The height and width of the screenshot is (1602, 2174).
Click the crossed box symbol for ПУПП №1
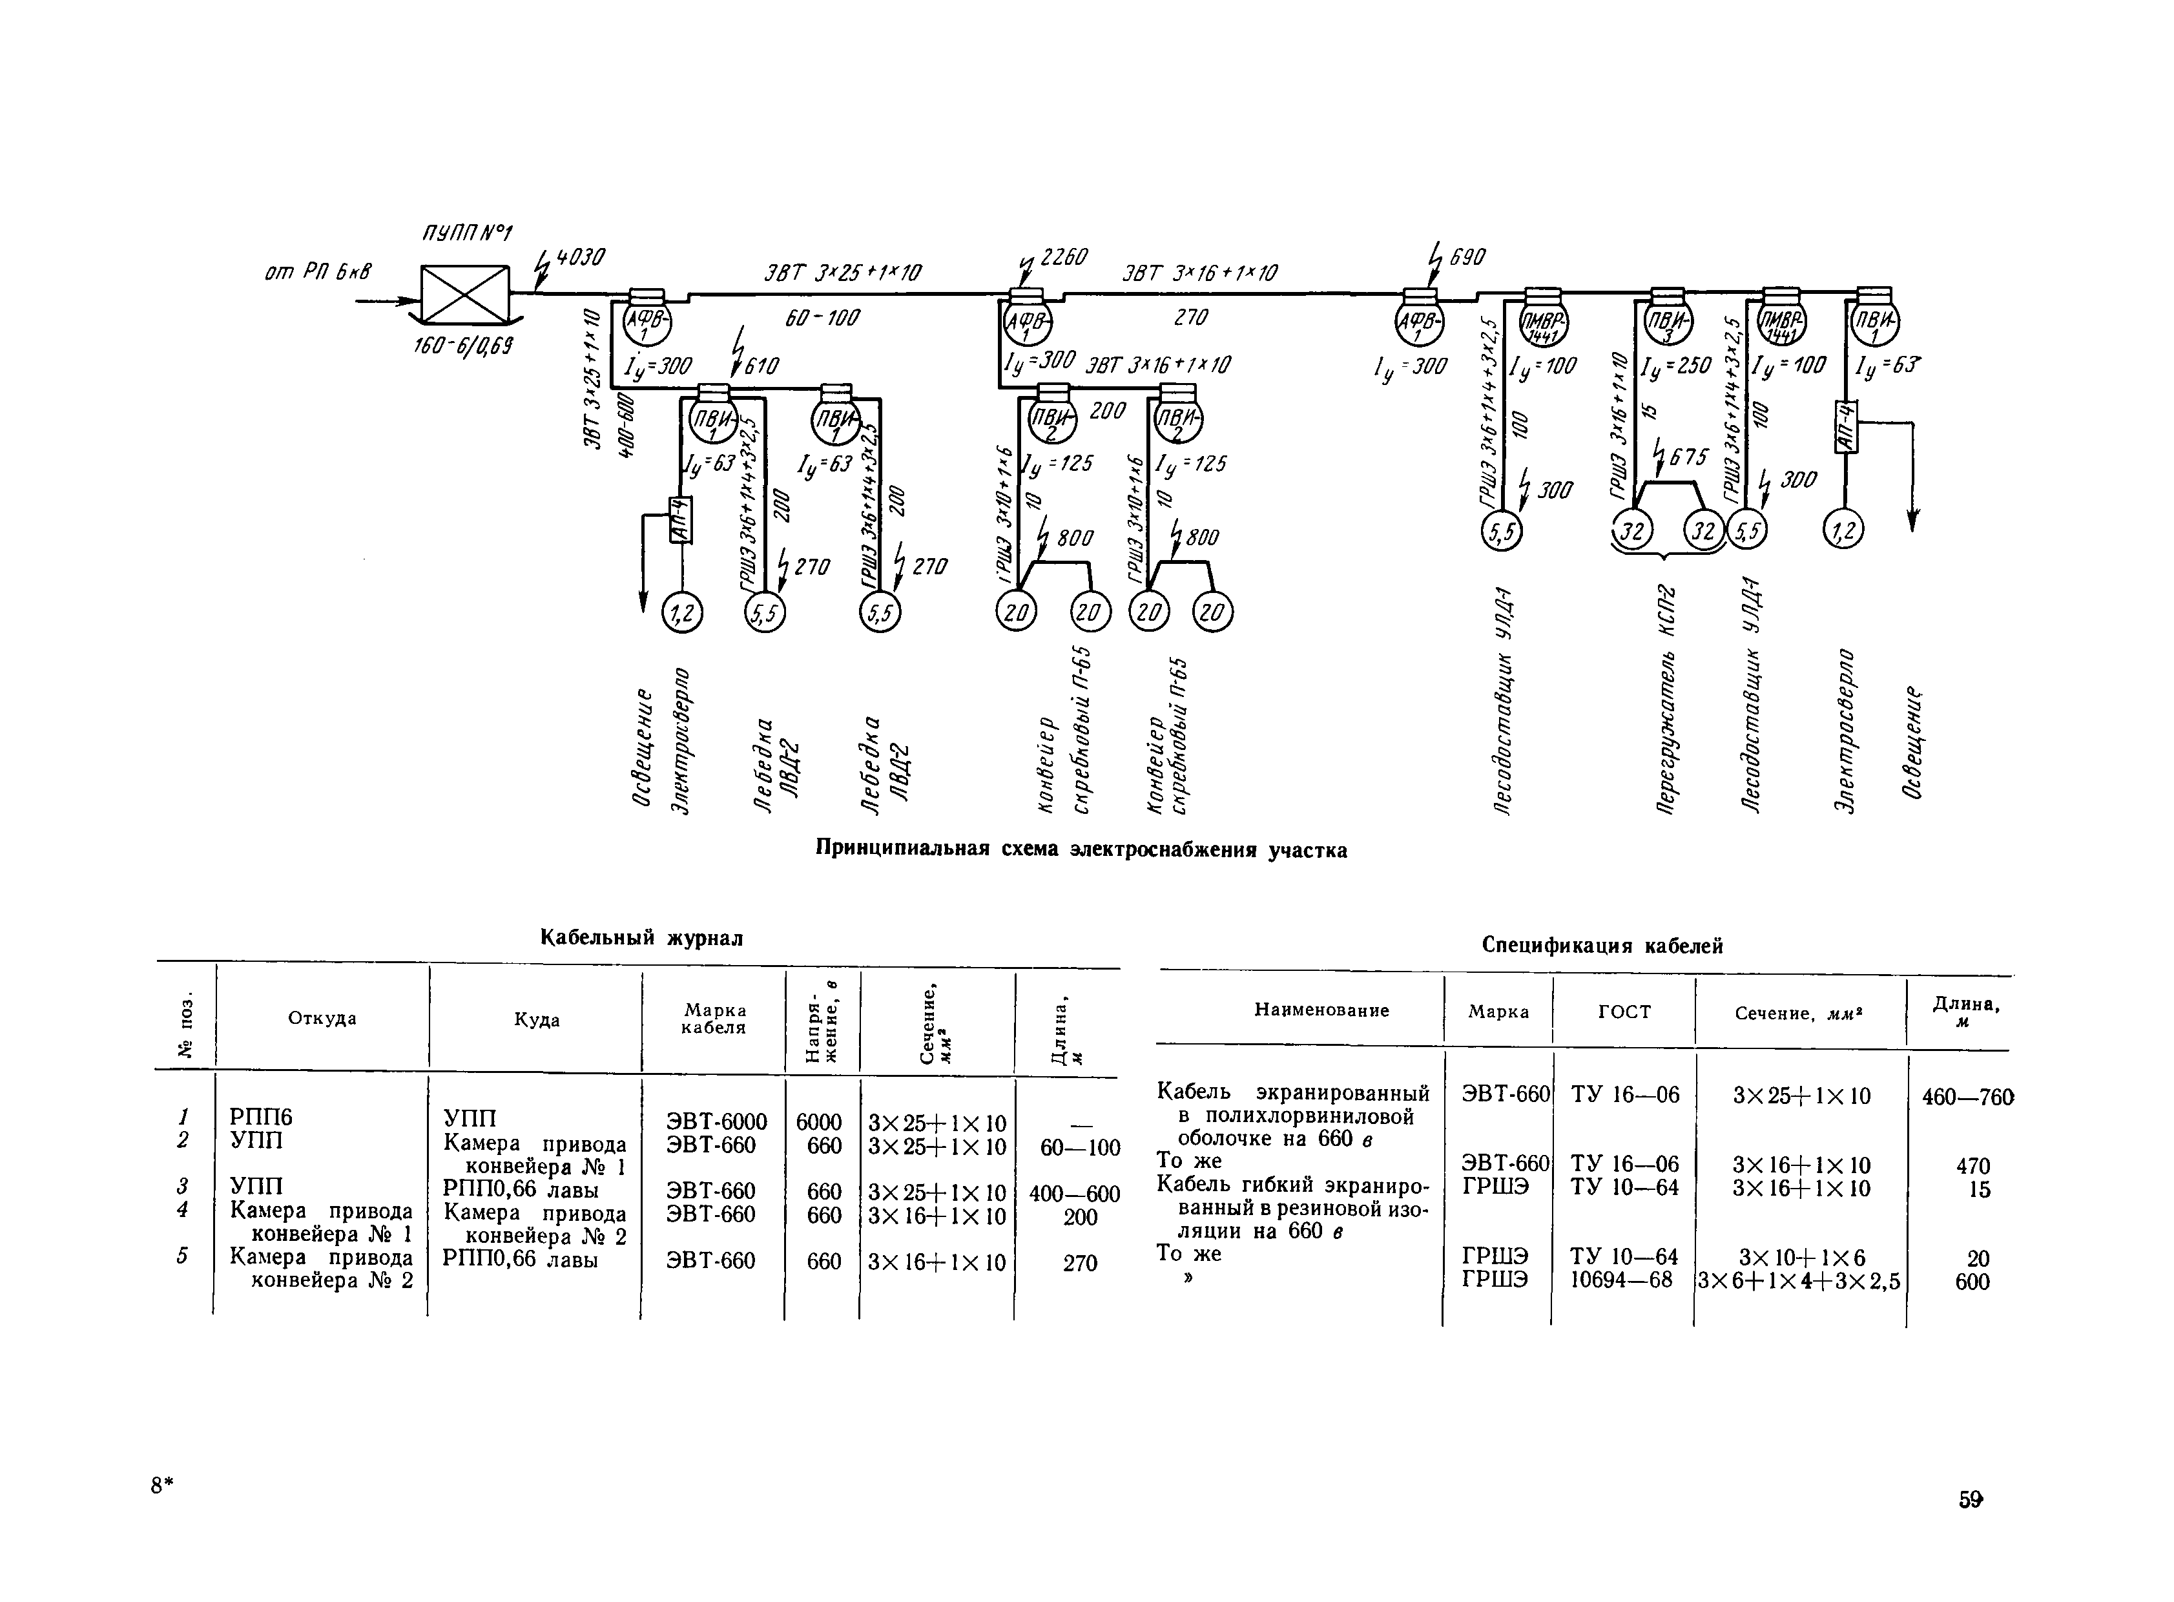coord(464,295)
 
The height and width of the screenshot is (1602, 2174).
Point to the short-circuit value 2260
coord(1064,258)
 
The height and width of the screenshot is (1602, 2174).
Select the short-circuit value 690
coord(1465,258)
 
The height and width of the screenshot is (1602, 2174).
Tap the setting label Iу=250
coord(1675,366)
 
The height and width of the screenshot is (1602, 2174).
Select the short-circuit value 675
coord(1687,456)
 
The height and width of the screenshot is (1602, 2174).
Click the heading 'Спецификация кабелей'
coord(1602,946)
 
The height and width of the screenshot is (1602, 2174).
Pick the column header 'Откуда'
coord(322,1018)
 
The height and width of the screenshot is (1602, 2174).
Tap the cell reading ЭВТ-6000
coord(716,1122)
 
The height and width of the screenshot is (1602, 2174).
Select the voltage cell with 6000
coord(820,1122)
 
